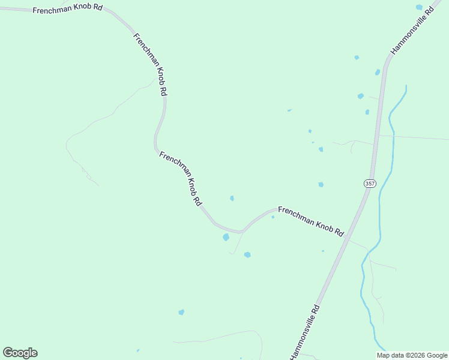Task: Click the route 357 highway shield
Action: pos(370,183)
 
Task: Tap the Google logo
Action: pos(20,353)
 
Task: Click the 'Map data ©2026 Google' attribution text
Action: pos(412,355)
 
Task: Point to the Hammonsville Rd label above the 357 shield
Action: pos(411,31)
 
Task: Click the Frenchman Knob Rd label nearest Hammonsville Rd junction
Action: pos(310,222)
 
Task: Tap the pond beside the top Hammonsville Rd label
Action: pos(419,8)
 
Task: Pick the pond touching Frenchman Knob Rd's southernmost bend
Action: pos(226,237)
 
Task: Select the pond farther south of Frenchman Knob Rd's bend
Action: pos(247,255)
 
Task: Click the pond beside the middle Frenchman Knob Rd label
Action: pos(232,198)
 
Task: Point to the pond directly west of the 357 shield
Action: pos(321,185)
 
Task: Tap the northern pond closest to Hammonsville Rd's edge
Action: pos(378,72)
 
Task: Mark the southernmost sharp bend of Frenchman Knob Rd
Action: pos(240,231)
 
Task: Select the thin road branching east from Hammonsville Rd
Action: pos(414,138)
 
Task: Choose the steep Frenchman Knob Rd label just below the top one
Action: pos(150,64)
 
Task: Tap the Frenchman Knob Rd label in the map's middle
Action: pos(180,179)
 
